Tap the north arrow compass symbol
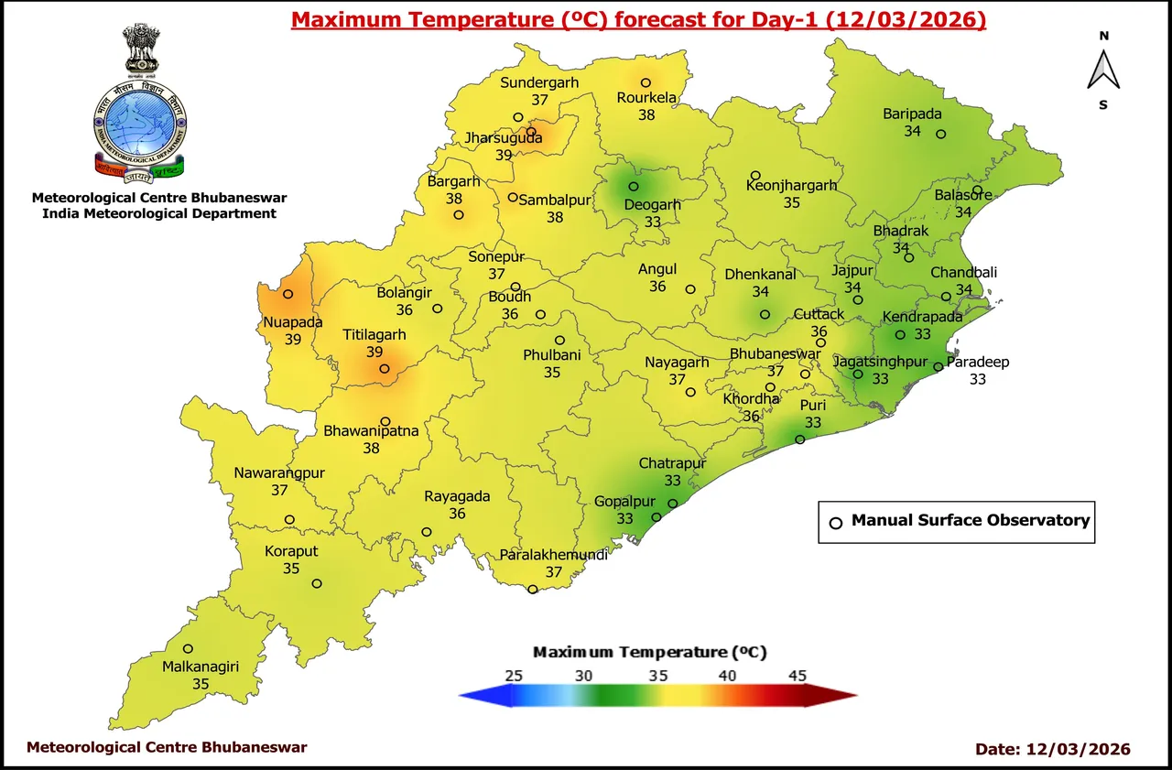tap(1104, 70)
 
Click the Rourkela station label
tap(646, 98)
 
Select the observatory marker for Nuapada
tap(288, 295)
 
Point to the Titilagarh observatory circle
tap(385, 370)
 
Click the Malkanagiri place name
tap(201, 667)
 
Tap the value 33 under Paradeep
tap(978, 379)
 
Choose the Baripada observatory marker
tap(940, 135)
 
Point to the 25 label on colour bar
tap(514, 676)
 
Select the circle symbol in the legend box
tap(835, 523)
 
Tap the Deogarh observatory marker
tap(633, 187)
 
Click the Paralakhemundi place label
tap(553, 555)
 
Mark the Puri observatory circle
tap(799, 440)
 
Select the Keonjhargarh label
tap(791, 186)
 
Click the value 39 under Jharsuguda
tap(503, 156)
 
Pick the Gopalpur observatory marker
tap(656, 518)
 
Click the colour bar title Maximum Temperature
tap(649, 652)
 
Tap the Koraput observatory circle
tap(317, 584)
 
